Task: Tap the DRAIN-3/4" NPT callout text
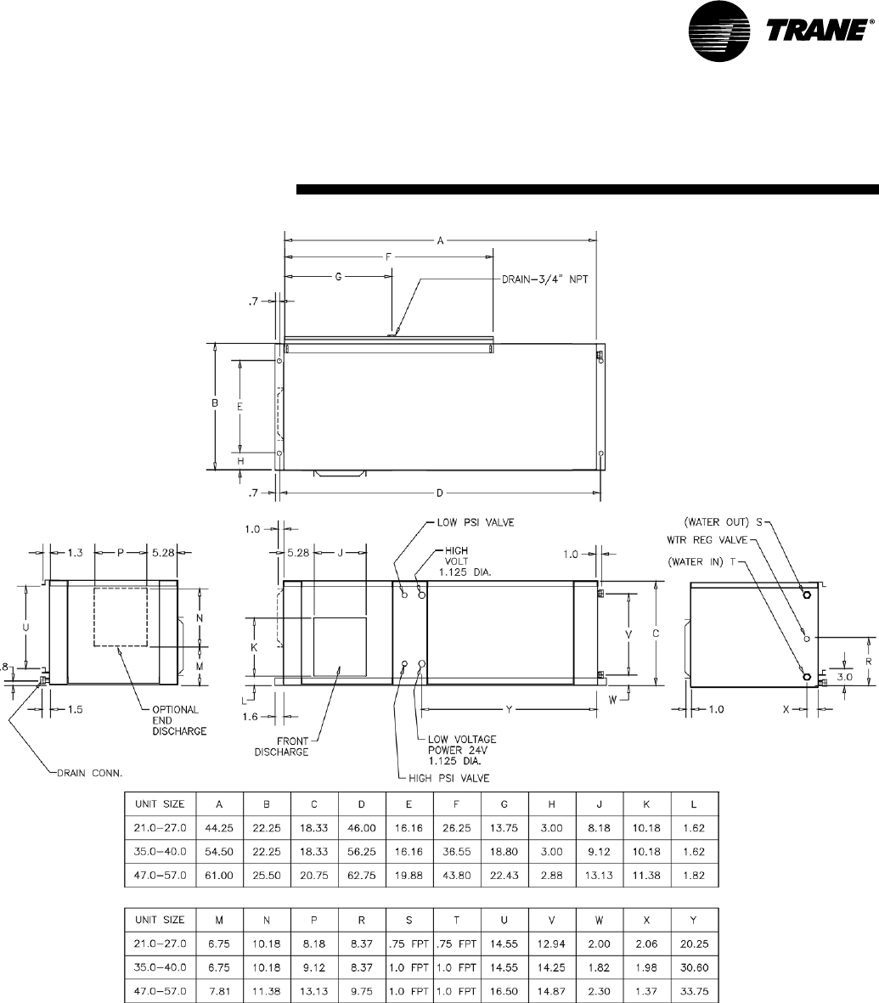544,279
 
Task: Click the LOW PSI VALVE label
476,522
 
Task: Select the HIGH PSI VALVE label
449,778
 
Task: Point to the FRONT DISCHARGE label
281,747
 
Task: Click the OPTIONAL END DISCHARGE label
179,720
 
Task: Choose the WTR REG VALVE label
707,540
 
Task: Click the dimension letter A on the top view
440,241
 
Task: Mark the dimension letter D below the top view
440,493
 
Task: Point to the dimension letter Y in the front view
510,709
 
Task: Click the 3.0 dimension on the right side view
845,677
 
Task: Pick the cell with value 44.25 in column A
219,828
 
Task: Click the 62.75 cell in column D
362,875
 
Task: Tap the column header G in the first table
504,804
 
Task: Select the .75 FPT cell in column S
409,944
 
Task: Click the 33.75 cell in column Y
694,991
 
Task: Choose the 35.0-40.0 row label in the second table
160,967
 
